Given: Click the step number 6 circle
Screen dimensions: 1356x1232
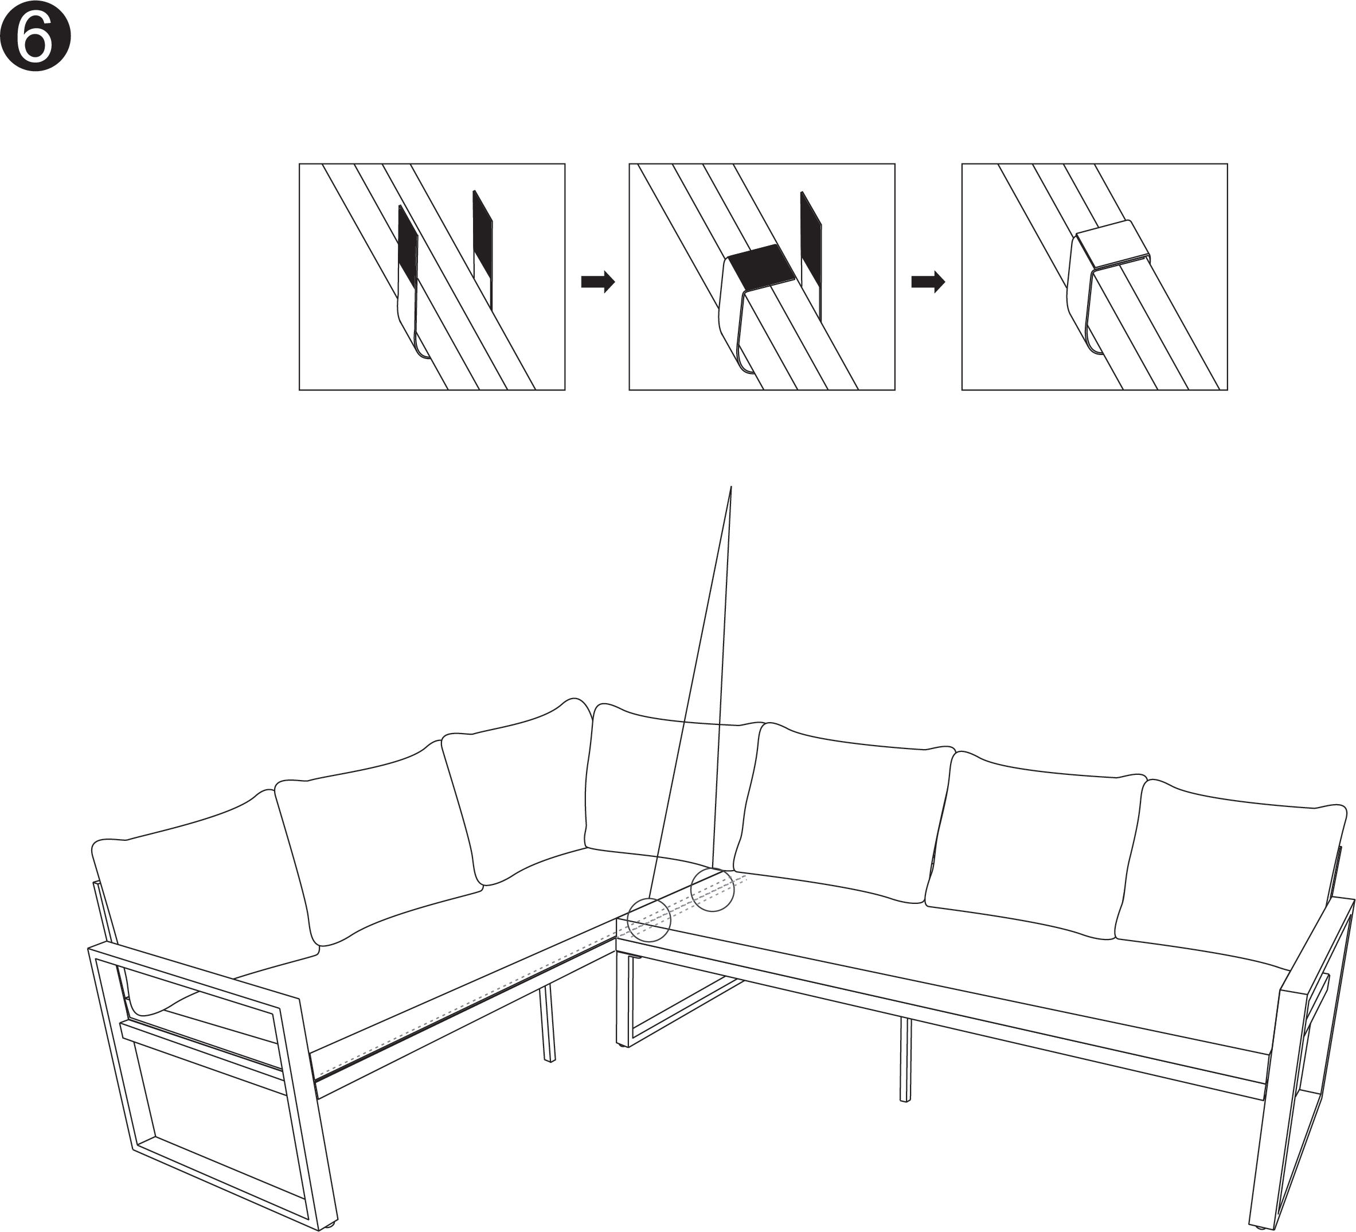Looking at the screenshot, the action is (x=35, y=36).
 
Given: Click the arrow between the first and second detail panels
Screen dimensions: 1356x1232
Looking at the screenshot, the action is (x=598, y=282).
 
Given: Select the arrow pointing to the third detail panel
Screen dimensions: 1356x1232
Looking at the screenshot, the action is (x=928, y=282).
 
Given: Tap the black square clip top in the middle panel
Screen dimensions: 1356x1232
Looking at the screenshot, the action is (x=761, y=267).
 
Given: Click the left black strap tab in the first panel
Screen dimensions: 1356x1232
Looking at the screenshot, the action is (x=408, y=242).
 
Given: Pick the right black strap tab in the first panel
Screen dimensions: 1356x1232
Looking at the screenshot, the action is (x=483, y=232).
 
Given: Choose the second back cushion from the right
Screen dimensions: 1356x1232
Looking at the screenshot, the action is (x=1036, y=841).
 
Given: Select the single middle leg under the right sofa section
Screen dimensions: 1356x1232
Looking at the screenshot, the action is (x=905, y=1059).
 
